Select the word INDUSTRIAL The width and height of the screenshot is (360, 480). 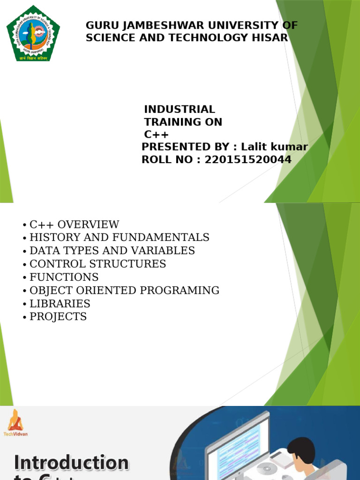coord(180,110)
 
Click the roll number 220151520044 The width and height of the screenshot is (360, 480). coord(248,160)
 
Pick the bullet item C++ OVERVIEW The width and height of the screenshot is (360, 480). coord(74,225)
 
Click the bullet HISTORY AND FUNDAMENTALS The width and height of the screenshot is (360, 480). coord(119,238)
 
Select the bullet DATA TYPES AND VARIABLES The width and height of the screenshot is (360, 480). coord(112,251)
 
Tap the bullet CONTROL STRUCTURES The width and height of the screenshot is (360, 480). coord(97,264)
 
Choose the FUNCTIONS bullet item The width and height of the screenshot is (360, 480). coord(64,277)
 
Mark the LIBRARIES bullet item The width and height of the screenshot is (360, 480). coord(60,304)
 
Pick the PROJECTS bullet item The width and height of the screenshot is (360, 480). coord(58,317)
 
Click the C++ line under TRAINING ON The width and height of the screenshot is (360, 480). coord(156,135)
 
